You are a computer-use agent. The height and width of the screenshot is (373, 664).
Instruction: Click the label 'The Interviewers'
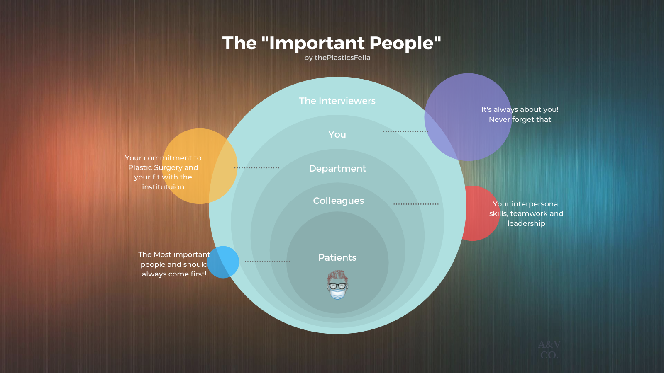(x=337, y=101)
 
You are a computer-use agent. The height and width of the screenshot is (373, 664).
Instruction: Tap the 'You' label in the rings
(x=337, y=135)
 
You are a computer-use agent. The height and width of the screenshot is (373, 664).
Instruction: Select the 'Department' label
(x=337, y=169)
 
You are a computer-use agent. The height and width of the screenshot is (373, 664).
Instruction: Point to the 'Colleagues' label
(x=338, y=201)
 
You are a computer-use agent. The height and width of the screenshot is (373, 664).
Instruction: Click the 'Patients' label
(x=337, y=258)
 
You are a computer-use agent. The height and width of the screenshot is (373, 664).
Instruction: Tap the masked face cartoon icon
(x=337, y=285)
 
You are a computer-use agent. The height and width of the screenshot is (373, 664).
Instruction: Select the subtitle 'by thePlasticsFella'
(x=337, y=58)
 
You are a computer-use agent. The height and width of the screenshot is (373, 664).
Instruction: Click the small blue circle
(x=223, y=262)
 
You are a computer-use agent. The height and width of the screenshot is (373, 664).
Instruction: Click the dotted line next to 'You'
(x=405, y=131)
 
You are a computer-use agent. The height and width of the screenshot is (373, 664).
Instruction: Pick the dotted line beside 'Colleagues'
(x=416, y=204)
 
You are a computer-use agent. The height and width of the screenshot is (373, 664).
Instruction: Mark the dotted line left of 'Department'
(x=256, y=168)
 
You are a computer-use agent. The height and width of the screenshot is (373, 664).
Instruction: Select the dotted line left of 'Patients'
(x=267, y=262)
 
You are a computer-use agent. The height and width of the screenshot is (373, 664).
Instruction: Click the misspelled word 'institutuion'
(x=163, y=187)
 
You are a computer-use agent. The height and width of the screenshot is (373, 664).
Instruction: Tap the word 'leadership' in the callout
(x=526, y=224)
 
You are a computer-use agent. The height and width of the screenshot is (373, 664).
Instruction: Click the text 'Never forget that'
(x=520, y=120)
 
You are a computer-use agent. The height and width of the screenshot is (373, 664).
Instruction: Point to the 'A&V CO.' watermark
(x=549, y=350)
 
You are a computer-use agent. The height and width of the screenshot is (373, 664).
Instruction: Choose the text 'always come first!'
(x=174, y=274)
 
